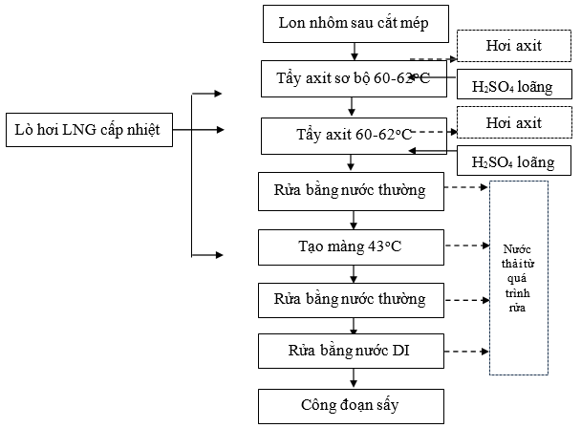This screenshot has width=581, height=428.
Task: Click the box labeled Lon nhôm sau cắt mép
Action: click(354, 24)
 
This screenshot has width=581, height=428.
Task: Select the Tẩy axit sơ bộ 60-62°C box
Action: click(354, 78)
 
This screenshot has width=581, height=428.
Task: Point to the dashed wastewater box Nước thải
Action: click(519, 277)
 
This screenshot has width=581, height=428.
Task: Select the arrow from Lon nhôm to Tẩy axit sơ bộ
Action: click(355, 52)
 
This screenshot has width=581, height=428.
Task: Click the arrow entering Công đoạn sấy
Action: click(355, 378)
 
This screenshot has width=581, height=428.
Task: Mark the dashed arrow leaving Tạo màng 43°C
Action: click(468, 246)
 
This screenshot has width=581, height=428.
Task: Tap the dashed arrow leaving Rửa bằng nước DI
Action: click(468, 351)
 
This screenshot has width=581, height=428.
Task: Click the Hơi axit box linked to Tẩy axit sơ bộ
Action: click(513, 46)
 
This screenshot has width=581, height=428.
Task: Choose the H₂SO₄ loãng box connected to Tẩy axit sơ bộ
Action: click(513, 87)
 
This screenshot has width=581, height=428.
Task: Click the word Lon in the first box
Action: click(290, 24)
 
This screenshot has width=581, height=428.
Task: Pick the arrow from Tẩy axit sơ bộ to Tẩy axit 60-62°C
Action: click(355, 106)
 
